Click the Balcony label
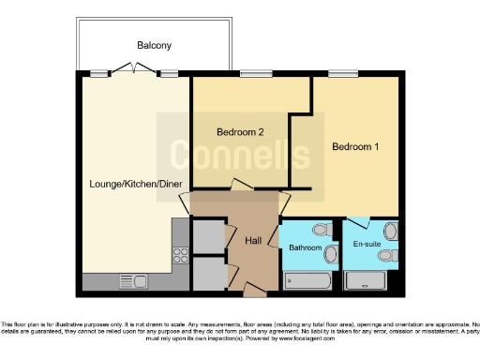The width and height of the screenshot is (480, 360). coord(154,45)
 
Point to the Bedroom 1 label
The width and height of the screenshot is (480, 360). coord(356,146)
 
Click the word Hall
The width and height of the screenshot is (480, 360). coord(253,241)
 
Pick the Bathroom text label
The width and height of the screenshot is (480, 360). coord(304,249)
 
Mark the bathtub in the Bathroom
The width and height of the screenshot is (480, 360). coord(306,279)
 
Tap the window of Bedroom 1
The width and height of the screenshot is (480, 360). coord(341,73)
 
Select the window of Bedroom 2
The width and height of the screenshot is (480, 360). coord(252,73)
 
